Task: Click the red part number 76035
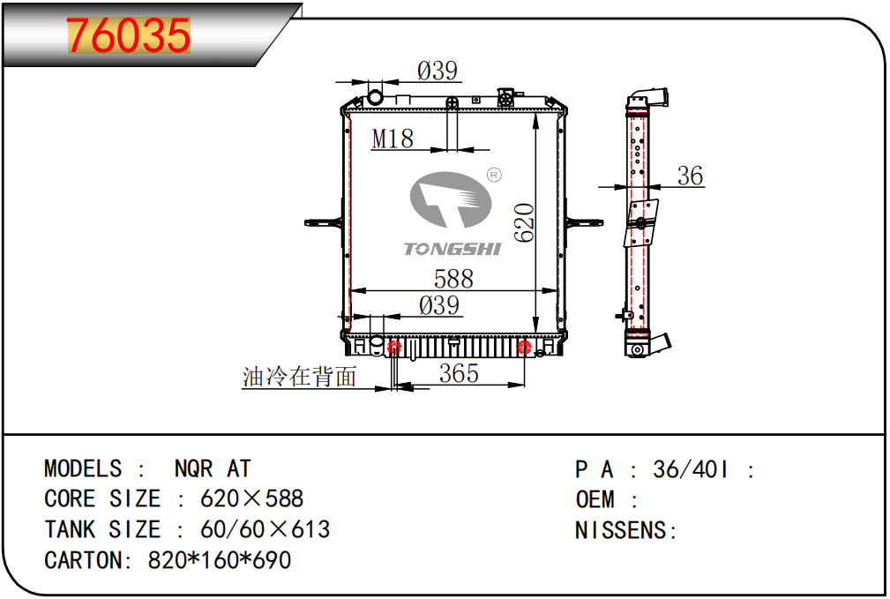(128, 35)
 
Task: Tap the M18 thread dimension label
(393, 139)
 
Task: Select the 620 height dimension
(525, 222)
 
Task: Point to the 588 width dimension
(453, 279)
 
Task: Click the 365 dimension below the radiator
(459, 373)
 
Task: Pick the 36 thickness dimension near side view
(690, 176)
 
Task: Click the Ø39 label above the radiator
(437, 71)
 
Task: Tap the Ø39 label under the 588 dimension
(438, 305)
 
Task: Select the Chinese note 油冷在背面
(299, 377)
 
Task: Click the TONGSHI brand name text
(452, 249)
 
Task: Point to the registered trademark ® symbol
(494, 175)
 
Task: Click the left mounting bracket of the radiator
(324, 222)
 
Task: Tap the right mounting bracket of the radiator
(584, 222)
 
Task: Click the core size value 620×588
(252, 498)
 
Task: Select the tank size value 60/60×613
(266, 529)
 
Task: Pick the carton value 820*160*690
(220, 560)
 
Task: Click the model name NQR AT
(213, 469)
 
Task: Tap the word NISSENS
(621, 530)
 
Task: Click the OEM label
(595, 499)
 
